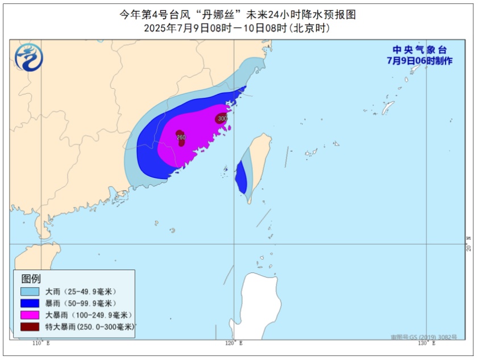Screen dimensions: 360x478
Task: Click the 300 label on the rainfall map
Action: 222,118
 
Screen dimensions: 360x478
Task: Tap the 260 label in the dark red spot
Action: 181,137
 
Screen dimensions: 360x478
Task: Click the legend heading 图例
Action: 31,279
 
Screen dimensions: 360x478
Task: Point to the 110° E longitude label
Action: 41,344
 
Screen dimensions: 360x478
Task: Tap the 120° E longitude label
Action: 234,344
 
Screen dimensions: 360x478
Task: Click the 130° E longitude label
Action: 426,344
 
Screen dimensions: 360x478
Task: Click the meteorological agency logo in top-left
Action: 28,57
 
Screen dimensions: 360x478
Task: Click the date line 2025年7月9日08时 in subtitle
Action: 187,28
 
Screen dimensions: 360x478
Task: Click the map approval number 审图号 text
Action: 423,337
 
